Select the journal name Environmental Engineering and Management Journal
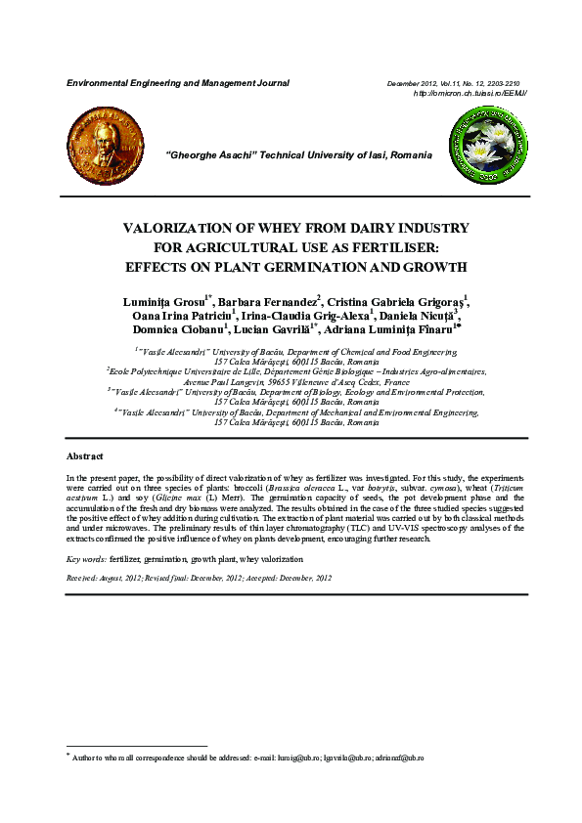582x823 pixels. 177,83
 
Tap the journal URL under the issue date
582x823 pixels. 470,93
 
